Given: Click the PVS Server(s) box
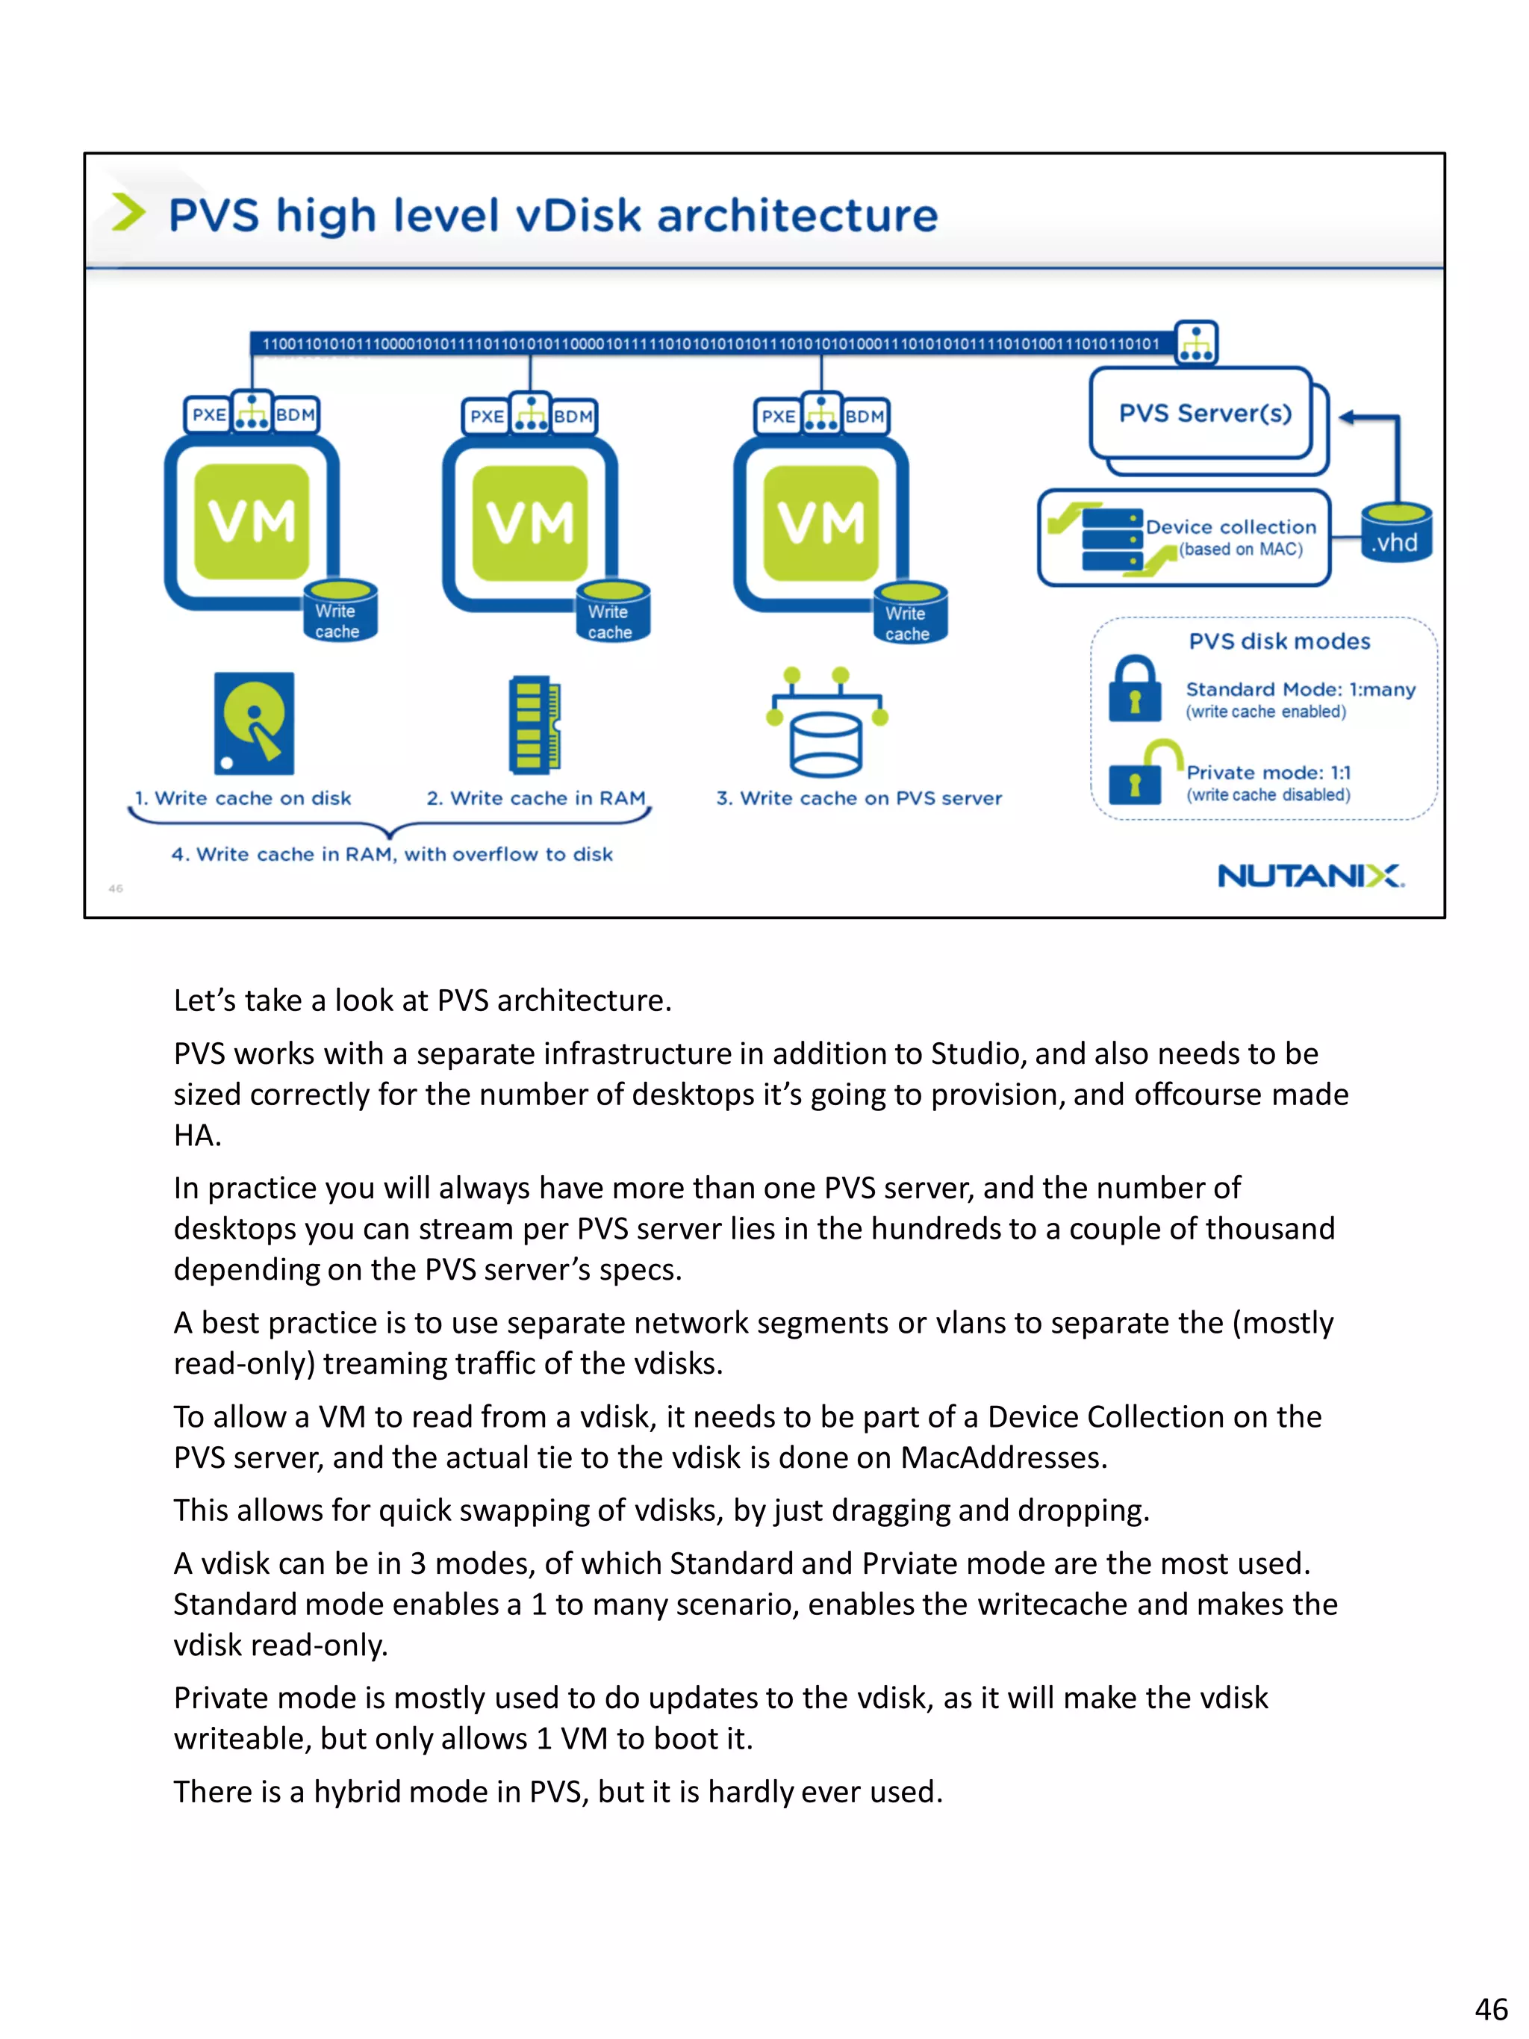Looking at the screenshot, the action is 1203,413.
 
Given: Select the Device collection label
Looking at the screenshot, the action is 1230,526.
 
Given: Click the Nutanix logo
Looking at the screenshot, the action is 1310,876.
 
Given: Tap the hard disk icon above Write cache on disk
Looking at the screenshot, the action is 255,723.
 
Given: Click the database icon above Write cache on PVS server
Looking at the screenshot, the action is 826,728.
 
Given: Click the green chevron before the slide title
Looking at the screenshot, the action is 128,213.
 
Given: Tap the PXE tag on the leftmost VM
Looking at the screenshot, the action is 208,415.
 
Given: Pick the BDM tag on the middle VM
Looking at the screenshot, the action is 573,417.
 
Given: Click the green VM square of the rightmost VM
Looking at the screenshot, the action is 820,523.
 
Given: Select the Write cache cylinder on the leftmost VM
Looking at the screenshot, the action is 339,611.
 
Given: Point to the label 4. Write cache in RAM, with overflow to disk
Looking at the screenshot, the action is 392,855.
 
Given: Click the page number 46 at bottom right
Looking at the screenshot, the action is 1490,2008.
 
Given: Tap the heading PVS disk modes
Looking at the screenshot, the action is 1278,641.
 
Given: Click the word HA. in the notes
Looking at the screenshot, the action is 197,1136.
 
